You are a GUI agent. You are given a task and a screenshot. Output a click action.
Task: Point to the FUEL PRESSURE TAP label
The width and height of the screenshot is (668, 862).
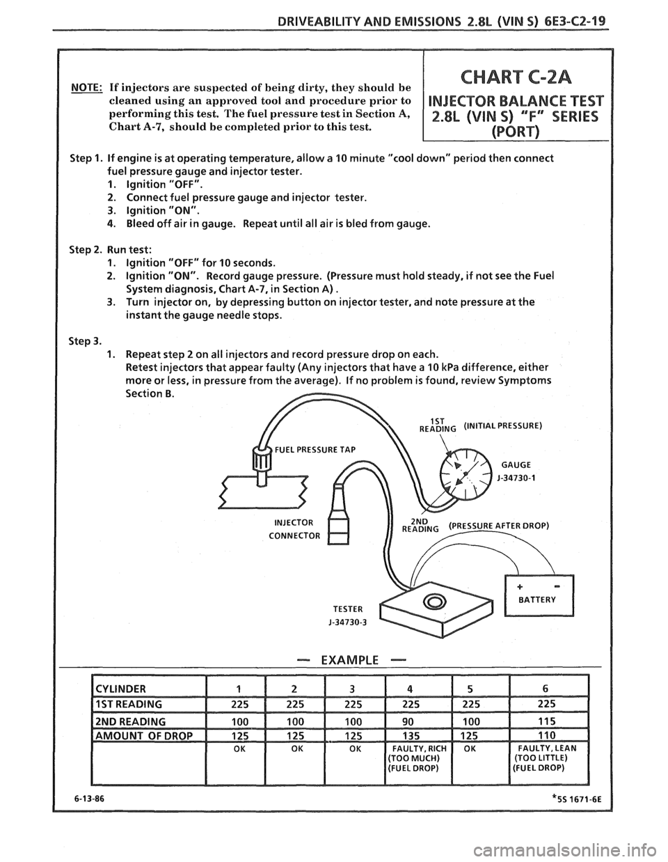tap(317, 448)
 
